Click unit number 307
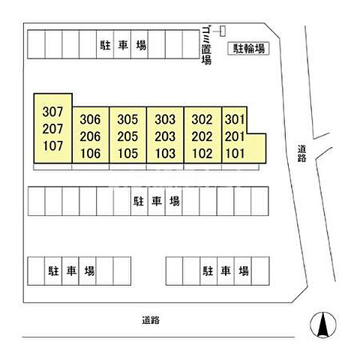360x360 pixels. click(x=52, y=112)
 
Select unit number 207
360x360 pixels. click(x=52, y=129)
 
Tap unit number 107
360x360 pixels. click(x=52, y=145)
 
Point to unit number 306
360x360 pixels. click(x=90, y=119)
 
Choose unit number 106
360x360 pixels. click(x=90, y=154)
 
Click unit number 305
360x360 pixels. click(x=127, y=119)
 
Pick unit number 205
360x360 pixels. click(x=127, y=136)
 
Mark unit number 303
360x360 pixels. click(x=165, y=119)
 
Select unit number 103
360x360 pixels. click(x=165, y=154)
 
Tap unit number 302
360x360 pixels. click(x=202, y=119)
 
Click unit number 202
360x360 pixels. click(x=202, y=136)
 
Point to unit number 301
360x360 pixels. click(x=235, y=119)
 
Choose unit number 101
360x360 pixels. click(x=235, y=154)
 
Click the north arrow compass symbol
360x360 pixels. click(x=323, y=325)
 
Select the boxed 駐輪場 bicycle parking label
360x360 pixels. click(x=249, y=49)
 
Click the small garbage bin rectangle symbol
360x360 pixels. click(x=223, y=31)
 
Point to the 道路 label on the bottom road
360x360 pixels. click(x=151, y=320)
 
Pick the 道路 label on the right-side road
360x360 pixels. click(x=301, y=154)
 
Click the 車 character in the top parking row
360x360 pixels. click(x=123, y=45)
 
